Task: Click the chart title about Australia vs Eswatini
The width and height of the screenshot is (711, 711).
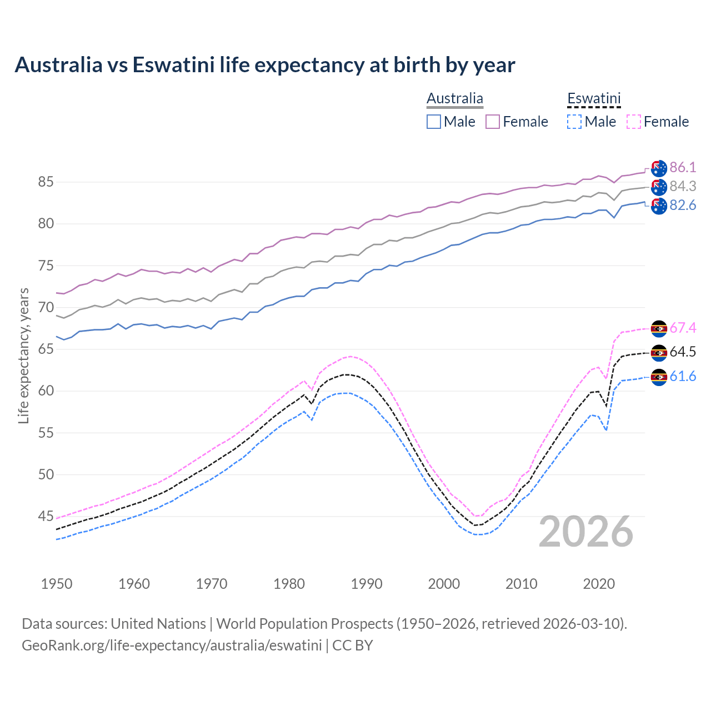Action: coord(265,65)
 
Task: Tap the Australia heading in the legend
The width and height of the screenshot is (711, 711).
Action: coord(455,99)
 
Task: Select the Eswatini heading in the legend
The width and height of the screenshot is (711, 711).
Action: coord(594,99)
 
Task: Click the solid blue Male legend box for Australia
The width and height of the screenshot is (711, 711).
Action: coord(434,122)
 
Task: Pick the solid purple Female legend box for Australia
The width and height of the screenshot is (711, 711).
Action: coord(493,122)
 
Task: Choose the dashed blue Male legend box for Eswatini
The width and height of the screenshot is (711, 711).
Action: coord(574,122)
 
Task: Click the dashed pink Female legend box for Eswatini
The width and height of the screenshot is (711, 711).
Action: coord(634,122)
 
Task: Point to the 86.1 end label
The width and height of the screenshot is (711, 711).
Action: coord(683,168)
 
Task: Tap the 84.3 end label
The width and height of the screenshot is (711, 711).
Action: coord(683,187)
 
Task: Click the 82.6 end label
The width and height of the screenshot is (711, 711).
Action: coord(683,206)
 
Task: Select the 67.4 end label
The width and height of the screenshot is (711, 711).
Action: coord(683,328)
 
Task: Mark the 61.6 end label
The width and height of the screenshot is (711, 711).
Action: coord(683,377)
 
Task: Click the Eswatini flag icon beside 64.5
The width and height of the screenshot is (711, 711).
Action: coord(659,353)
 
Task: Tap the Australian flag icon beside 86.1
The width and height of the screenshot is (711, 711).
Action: coord(659,168)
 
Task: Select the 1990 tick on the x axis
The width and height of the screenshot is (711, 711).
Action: coord(367,584)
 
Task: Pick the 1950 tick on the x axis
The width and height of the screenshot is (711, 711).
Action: coord(57,584)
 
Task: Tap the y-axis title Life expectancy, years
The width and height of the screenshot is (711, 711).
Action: coord(24,355)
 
